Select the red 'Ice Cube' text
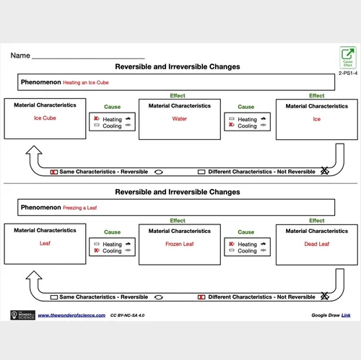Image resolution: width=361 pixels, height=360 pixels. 44,118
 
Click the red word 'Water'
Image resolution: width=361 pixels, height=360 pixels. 180,118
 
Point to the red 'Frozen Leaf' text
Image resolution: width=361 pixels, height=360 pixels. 180,244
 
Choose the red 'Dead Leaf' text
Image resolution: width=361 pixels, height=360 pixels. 317,244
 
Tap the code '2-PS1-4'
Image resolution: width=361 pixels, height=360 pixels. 347,73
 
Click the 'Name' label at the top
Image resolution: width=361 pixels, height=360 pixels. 20,56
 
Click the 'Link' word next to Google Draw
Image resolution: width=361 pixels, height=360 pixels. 346,315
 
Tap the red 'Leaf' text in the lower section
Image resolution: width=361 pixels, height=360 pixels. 44,244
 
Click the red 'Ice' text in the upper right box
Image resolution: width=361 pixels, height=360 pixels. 317,118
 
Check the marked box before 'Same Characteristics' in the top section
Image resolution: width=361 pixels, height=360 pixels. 54,172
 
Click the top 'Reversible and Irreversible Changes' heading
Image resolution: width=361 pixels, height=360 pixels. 178,66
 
